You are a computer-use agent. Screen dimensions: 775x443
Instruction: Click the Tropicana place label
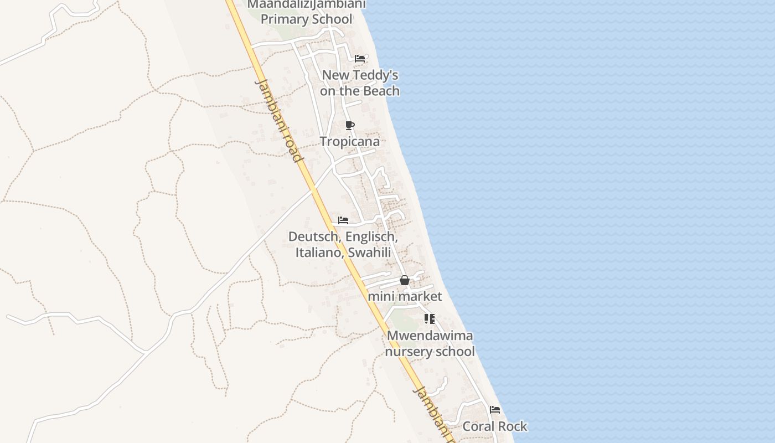[x=350, y=141]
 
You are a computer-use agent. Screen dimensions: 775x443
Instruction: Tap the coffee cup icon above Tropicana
[x=349, y=125]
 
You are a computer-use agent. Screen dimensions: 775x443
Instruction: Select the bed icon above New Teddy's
[x=360, y=58]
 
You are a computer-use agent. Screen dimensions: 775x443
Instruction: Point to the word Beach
[x=381, y=91]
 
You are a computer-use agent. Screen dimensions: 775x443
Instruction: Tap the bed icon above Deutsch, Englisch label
[x=343, y=220]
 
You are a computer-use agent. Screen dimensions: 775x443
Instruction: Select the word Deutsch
[x=313, y=236]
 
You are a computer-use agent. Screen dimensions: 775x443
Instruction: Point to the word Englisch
[x=371, y=236]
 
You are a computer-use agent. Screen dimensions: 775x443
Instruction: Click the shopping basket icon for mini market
[x=405, y=280]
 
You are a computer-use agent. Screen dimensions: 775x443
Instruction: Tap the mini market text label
[x=405, y=296]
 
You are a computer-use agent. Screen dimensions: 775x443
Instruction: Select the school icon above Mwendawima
[x=430, y=319]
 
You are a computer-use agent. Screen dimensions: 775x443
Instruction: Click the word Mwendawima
[x=430, y=336]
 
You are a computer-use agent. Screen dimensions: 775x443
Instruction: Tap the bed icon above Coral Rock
[x=495, y=410]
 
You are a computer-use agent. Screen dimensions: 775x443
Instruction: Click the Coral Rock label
[x=495, y=426]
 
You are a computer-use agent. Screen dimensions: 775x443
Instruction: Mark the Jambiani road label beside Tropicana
[x=280, y=121]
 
